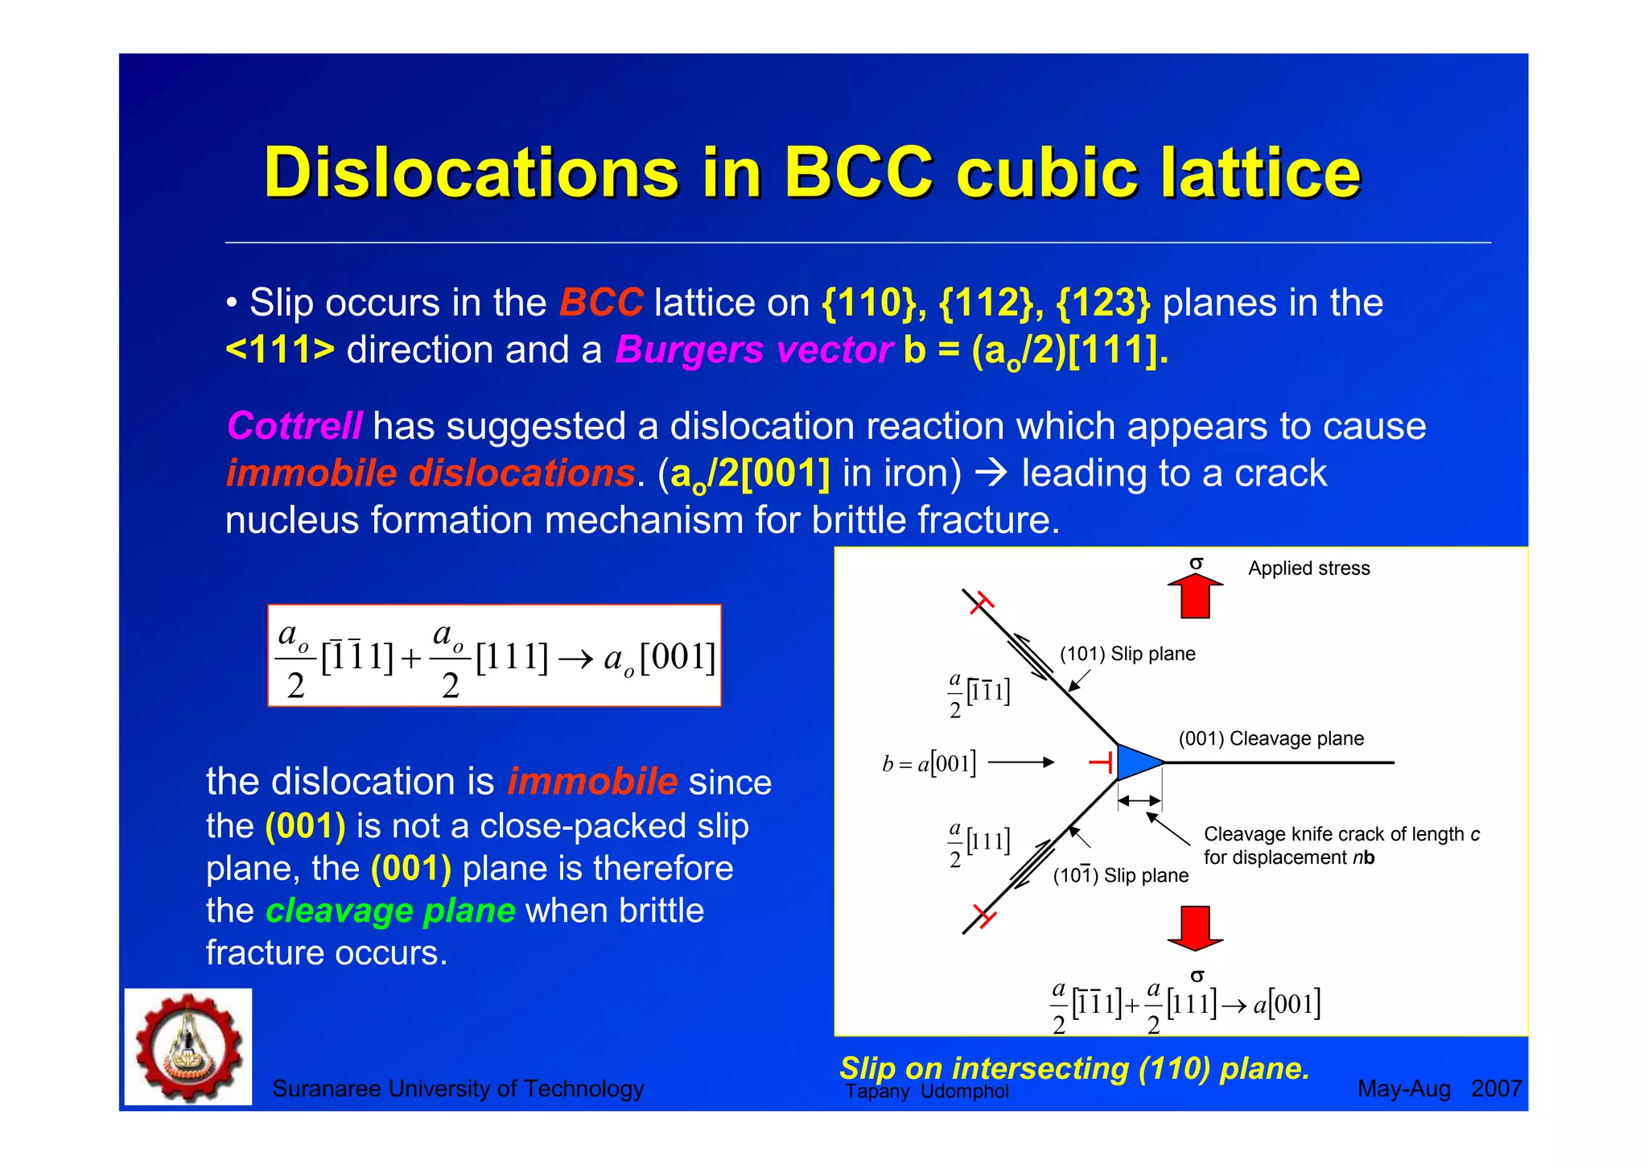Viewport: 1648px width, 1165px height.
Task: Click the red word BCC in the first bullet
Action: point(601,304)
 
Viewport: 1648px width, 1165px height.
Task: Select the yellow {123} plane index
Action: point(1103,304)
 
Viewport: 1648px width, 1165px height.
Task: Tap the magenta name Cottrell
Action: point(295,426)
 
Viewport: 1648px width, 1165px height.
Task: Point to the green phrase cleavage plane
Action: point(390,911)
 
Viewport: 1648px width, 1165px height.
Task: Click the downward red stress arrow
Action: point(1196,927)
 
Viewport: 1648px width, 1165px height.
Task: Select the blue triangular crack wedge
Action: point(1136,762)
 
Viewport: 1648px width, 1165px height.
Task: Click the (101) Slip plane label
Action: point(1127,654)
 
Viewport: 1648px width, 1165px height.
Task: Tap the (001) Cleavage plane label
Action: point(1271,738)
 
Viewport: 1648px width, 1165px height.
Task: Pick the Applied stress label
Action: point(1308,568)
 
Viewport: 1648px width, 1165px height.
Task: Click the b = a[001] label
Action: point(929,763)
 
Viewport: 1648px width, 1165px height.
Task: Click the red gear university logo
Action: point(188,1047)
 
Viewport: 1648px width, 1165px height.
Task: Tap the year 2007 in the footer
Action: point(1496,1089)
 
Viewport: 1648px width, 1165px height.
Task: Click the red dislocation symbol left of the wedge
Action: point(1102,762)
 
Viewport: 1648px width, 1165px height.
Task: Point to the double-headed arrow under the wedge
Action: point(1139,800)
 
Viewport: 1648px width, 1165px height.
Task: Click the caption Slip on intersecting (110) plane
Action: point(1074,1068)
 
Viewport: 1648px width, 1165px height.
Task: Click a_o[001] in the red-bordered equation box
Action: point(659,658)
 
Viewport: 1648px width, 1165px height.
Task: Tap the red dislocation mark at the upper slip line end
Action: point(982,601)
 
